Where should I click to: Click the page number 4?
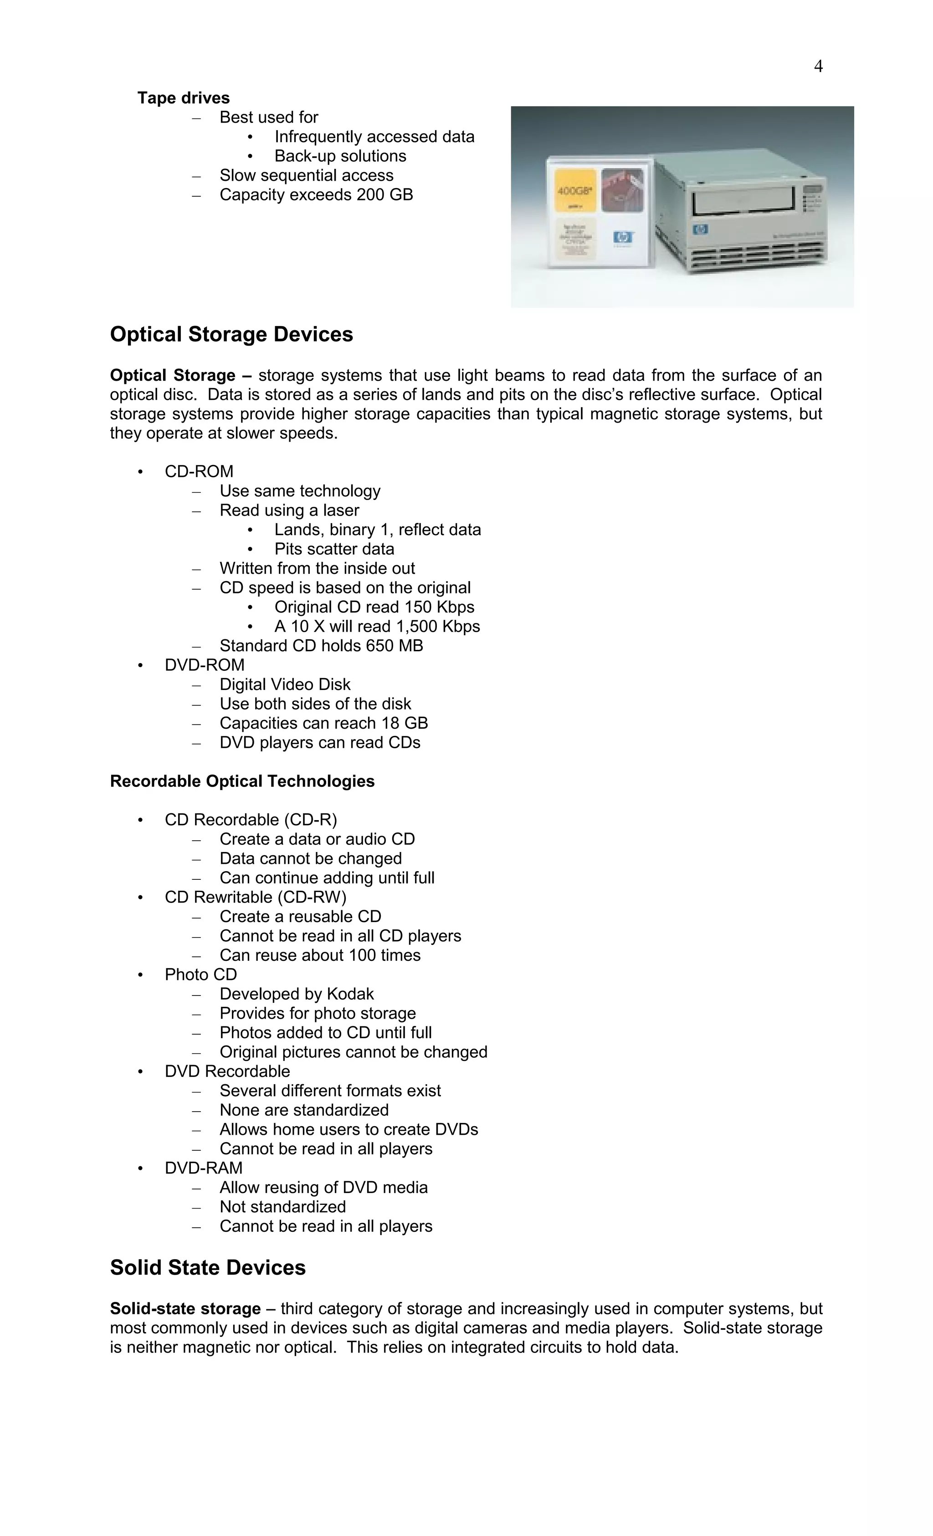pyautogui.click(x=818, y=66)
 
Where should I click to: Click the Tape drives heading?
pyautogui.click(x=183, y=98)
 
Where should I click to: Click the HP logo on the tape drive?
pyautogui.click(x=700, y=230)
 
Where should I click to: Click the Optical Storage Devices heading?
pyautogui.click(x=231, y=334)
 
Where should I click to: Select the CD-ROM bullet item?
pyautogui.click(x=199, y=471)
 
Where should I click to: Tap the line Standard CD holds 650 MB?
pyautogui.click(x=321, y=645)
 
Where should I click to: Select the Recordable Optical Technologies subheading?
pyautogui.click(x=242, y=781)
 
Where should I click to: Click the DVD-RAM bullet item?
pyautogui.click(x=203, y=1168)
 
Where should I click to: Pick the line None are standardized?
pyautogui.click(x=304, y=1110)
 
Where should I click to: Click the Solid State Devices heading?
pyautogui.click(x=208, y=1267)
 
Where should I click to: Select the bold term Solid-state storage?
pyautogui.click(x=185, y=1308)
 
